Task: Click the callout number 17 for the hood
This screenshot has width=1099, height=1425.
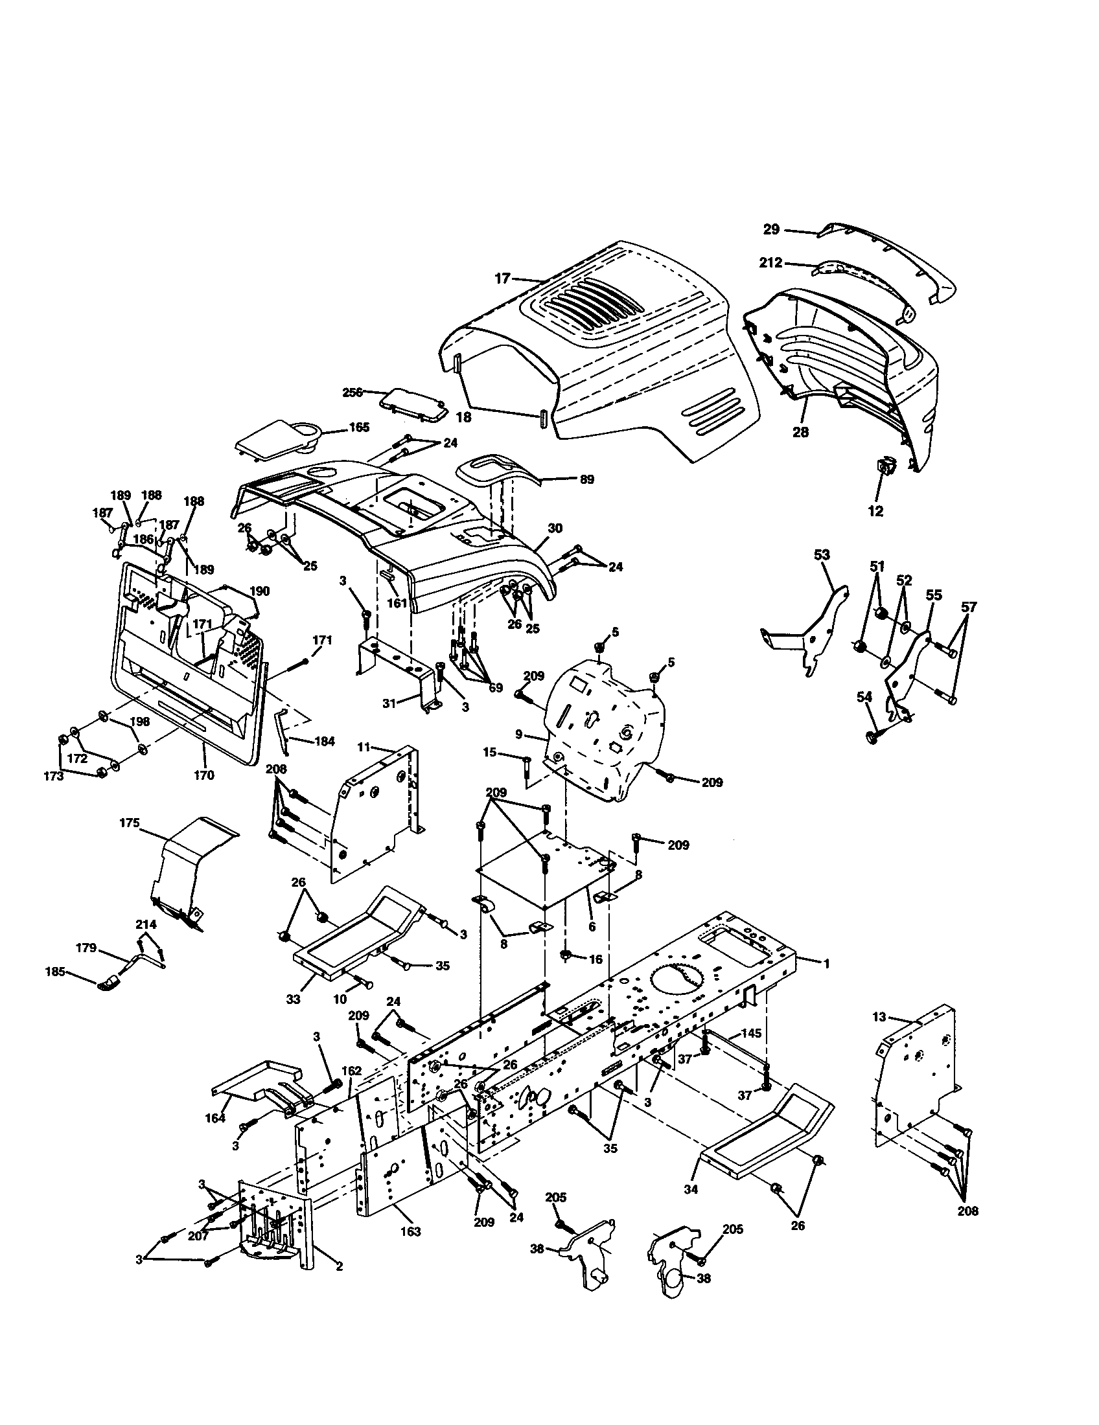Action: pyautogui.click(x=501, y=279)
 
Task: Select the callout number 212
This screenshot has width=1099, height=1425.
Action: pyautogui.click(x=770, y=264)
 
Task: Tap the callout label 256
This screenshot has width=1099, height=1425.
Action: pyautogui.click(x=353, y=392)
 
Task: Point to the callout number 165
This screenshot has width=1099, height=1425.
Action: pyautogui.click(x=359, y=427)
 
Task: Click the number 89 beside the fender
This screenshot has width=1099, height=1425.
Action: pyautogui.click(x=586, y=479)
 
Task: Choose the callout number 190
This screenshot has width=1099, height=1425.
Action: pyautogui.click(x=259, y=591)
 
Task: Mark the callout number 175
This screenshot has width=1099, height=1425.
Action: pyautogui.click(x=129, y=823)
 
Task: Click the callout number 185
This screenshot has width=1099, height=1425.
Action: pyautogui.click(x=56, y=990)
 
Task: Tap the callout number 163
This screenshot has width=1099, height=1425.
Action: pyautogui.click(x=410, y=1232)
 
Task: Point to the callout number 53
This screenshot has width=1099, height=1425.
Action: pyautogui.click(x=822, y=555)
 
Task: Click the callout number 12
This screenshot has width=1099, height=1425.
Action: pyautogui.click(x=875, y=512)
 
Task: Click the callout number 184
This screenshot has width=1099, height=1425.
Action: pyautogui.click(x=325, y=741)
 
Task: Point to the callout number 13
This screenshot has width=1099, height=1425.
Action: pyautogui.click(x=880, y=1016)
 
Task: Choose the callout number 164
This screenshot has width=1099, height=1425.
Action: pyautogui.click(x=214, y=1118)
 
